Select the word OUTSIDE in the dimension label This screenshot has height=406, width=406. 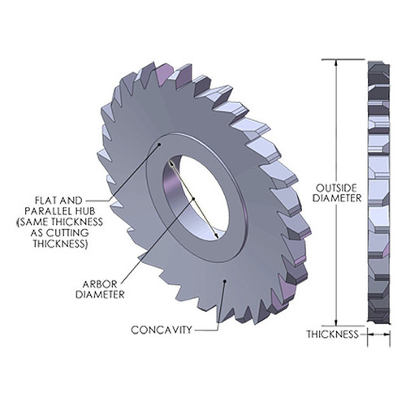pos(334,186)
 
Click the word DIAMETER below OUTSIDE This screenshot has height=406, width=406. pos(334,197)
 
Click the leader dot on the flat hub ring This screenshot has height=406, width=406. pos(160,141)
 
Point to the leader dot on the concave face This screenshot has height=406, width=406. pos(225,280)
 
